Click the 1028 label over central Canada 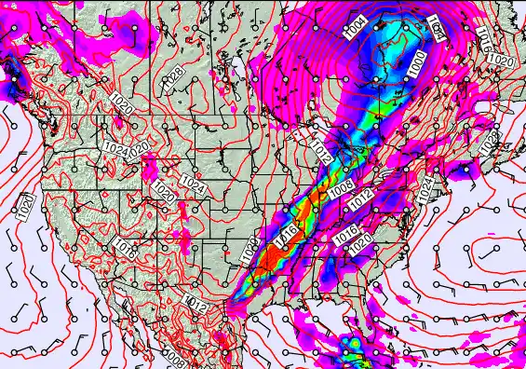coord(173,78)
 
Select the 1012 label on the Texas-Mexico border coord(196,301)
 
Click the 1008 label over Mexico coord(174,359)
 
